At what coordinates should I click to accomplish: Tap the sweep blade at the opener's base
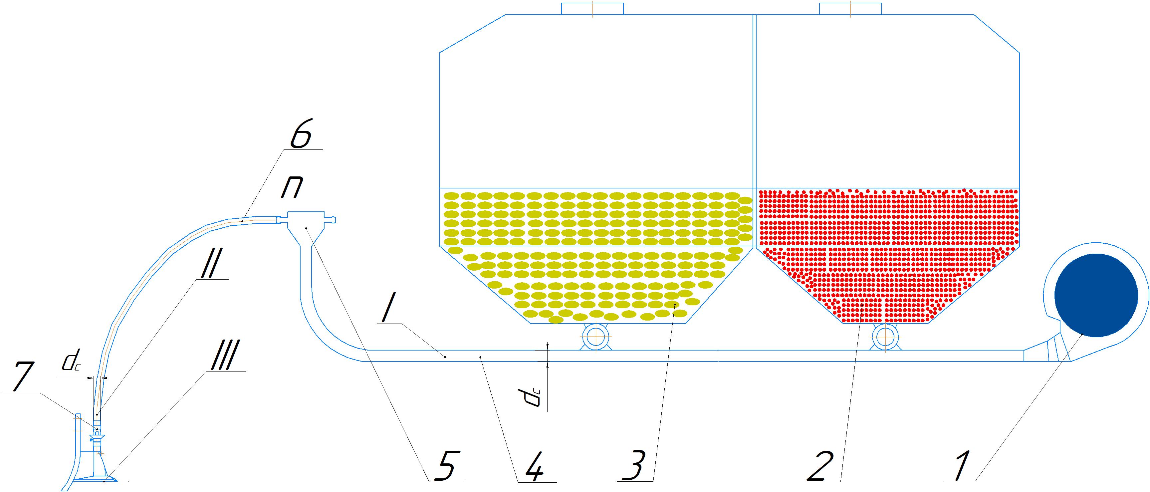[95, 479]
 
